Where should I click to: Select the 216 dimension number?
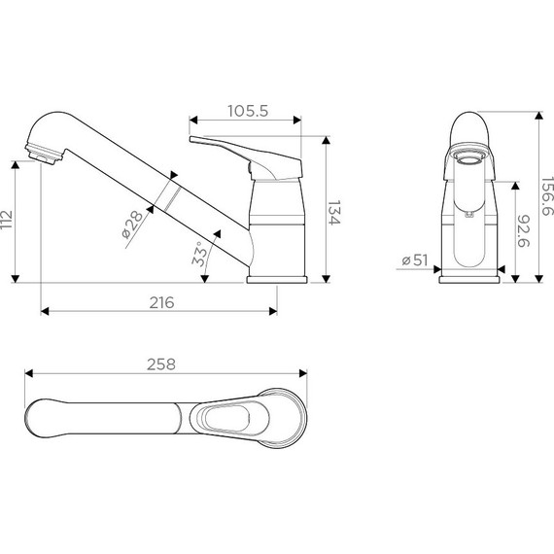161,302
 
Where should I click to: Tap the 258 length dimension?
163,364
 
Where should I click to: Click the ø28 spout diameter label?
133,226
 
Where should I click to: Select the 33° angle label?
201,254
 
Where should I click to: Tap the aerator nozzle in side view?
40,154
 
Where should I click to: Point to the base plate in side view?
276,279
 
